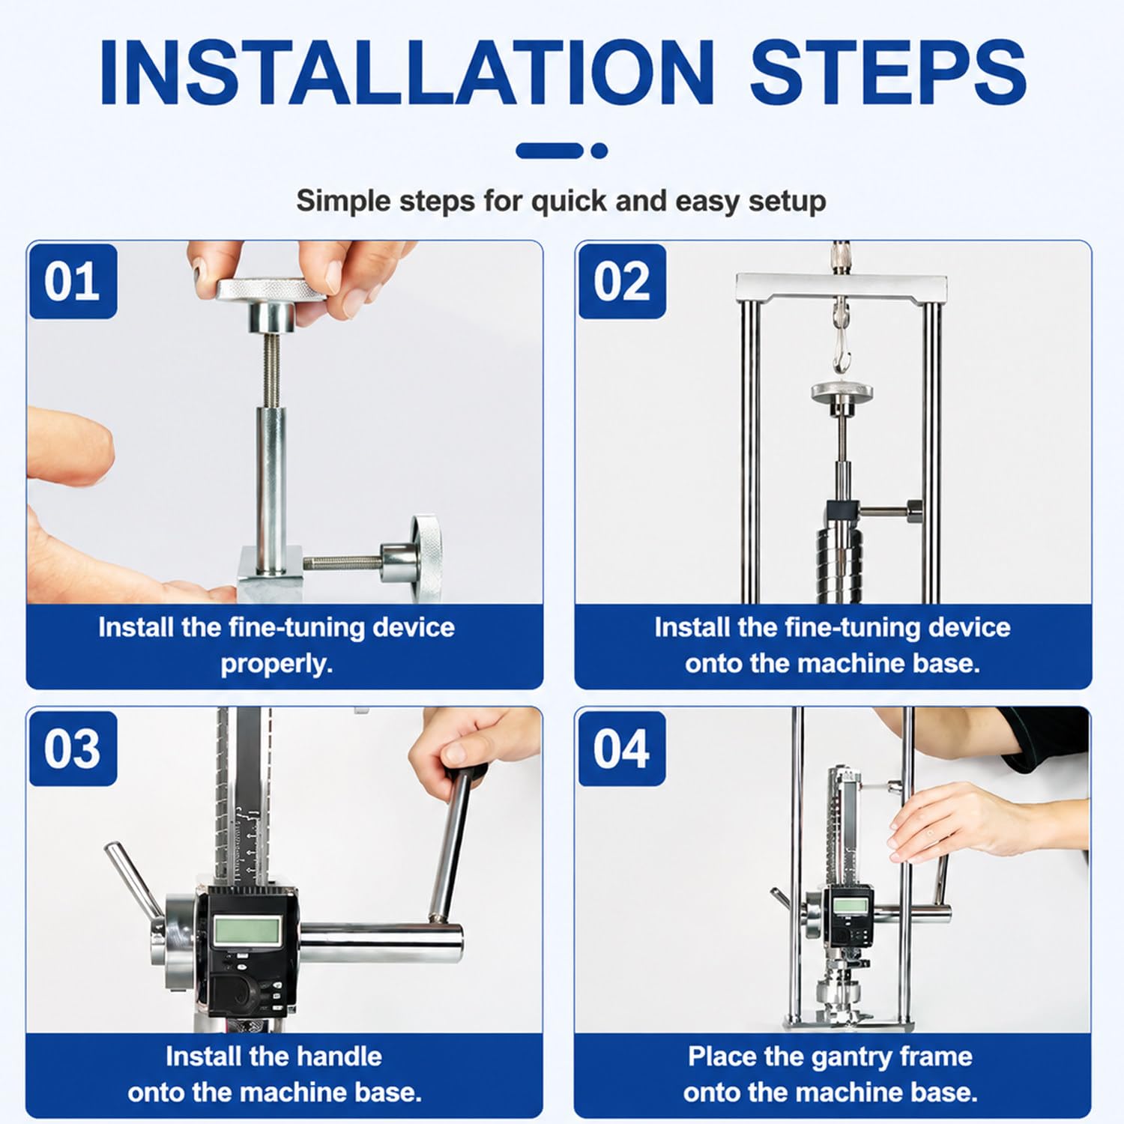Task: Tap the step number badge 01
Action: [73, 281]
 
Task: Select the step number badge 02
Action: [622, 281]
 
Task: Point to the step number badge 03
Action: [73, 748]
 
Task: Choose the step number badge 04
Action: [622, 748]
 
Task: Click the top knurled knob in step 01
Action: [271, 289]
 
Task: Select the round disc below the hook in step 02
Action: [843, 390]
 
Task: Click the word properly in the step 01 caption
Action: [276, 664]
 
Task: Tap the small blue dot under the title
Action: [599, 151]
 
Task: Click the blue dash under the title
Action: [550, 151]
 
